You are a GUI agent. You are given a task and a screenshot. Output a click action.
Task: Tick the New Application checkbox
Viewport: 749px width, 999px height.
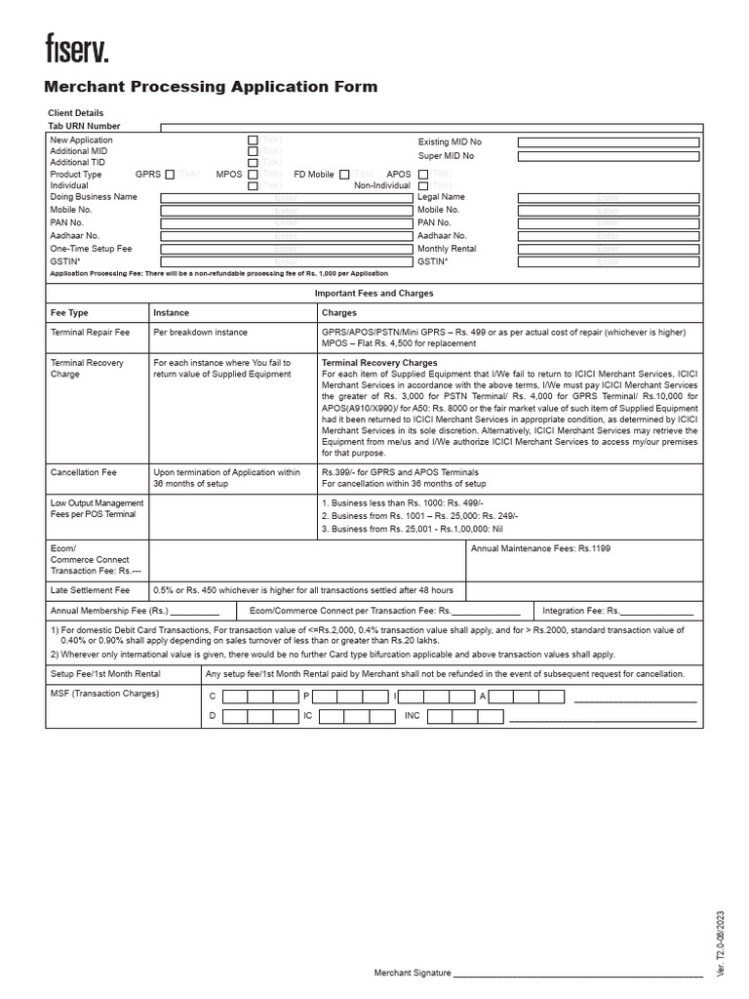(x=253, y=140)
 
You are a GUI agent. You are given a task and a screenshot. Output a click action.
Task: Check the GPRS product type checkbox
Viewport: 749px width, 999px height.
(x=170, y=174)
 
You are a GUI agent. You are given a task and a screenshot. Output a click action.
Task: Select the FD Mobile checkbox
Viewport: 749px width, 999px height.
(x=344, y=174)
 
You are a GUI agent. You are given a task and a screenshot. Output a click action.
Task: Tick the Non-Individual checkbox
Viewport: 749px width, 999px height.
(x=423, y=185)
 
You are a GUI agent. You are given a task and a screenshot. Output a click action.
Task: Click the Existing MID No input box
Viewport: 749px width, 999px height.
(x=608, y=141)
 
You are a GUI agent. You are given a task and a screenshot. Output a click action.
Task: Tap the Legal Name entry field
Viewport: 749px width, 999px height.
(x=608, y=197)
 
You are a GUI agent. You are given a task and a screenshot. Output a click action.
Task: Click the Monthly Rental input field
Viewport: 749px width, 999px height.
(x=608, y=249)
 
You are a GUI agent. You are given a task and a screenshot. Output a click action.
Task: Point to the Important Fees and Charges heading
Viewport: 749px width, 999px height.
(x=374, y=293)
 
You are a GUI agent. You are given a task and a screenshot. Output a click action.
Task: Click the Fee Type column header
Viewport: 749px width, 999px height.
(x=69, y=313)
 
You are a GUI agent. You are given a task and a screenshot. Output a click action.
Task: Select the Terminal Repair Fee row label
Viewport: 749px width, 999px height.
(x=90, y=333)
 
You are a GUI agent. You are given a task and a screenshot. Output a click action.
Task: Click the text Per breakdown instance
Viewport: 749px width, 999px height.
(x=201, y=333)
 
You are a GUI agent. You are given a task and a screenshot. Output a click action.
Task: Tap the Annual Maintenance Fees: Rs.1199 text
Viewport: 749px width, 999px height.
(x=541, y=548)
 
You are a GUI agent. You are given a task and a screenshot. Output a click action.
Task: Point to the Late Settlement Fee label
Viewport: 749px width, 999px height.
(x=90, y=590)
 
